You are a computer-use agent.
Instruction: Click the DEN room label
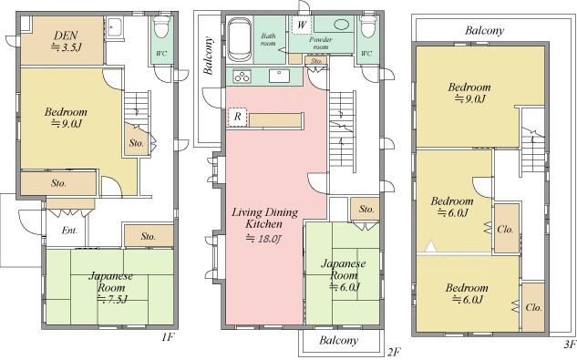67,41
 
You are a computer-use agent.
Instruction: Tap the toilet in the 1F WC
161,26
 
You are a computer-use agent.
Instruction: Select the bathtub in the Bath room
240,40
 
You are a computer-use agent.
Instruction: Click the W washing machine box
302,25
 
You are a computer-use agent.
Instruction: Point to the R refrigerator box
237,117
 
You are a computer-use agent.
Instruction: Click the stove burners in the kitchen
242,77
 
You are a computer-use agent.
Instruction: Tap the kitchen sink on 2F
279,76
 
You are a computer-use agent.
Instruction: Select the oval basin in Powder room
342,25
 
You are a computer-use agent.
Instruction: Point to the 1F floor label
168,337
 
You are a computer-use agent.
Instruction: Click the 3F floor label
569,345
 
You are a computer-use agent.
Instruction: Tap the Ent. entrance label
69,231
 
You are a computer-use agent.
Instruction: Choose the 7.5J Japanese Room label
111,287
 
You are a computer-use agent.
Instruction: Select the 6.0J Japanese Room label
344,275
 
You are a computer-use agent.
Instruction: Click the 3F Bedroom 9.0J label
469,93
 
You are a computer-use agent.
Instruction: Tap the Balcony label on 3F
484,30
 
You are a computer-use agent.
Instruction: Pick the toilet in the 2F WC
368,26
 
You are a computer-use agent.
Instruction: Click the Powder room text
321,43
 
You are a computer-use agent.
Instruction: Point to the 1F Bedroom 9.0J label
66,118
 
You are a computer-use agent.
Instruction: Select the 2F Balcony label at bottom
338,340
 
